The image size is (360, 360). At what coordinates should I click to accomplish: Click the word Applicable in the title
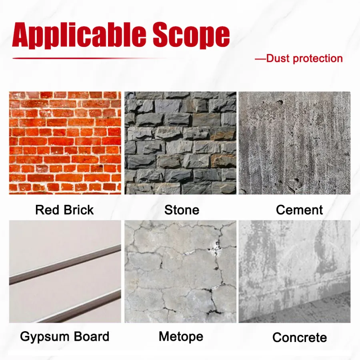click(x=79, y=35)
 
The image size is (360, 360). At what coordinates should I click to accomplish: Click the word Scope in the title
click(x=191, y=35)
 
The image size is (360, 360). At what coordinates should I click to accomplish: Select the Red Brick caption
click(x=64, y=210)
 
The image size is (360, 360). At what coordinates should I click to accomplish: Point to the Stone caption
click(x=182, y=210)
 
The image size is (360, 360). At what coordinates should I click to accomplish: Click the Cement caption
click(x=299, y=210)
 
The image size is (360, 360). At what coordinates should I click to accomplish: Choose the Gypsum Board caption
click(x=64, y=336)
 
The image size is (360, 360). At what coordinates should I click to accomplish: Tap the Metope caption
click(x=181, y=336)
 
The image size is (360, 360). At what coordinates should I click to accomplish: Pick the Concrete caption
click(x=300, y=338)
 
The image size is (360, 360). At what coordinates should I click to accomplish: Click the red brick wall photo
click(x=65, y=143)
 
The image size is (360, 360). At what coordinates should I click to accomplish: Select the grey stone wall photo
click(x=180, y=143)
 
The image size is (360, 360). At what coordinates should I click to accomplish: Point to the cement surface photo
click(x=294, y=143)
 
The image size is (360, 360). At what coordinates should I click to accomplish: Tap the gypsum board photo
click(x=65, y=272)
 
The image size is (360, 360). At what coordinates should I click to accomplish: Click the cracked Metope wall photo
click(x=180, y=272)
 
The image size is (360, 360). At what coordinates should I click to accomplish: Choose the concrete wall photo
click(x=294, y=272)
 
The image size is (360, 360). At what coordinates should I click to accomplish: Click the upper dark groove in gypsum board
click(x=65, y=265)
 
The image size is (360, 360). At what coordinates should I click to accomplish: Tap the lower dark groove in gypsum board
click(x=80, y=306)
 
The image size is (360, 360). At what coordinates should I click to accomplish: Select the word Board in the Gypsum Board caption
click(x=91, y=336)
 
